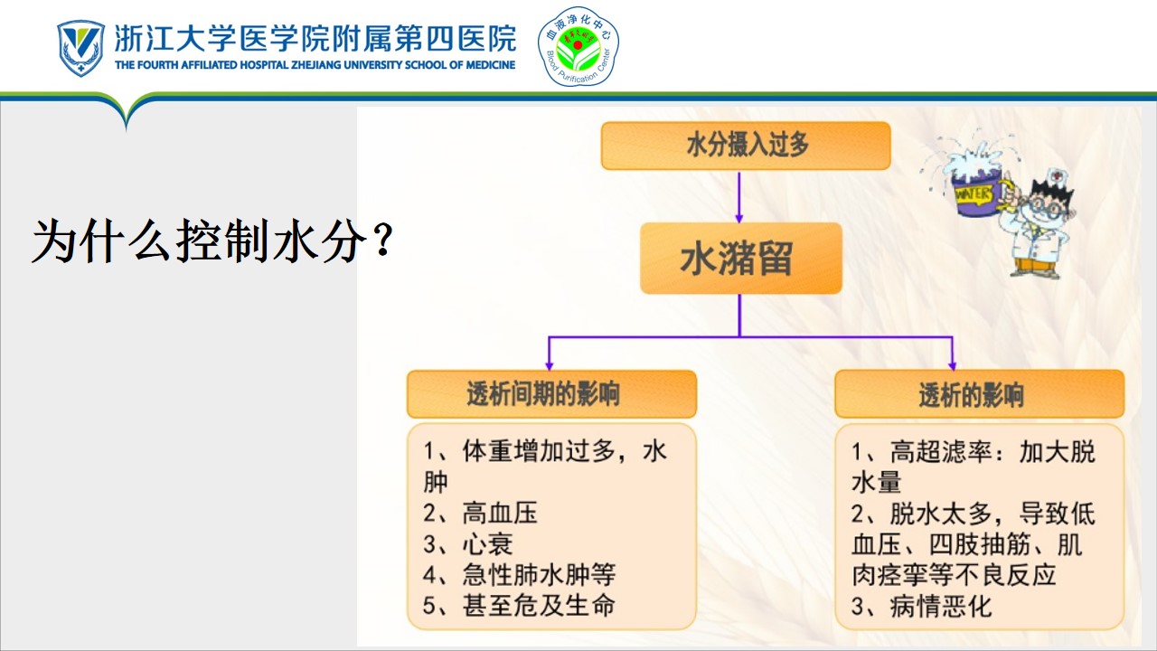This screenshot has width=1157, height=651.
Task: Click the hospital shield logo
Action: point(80,48)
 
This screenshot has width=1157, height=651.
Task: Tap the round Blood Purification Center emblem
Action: point(578,46)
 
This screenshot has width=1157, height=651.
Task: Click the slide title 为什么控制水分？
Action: point(212,241)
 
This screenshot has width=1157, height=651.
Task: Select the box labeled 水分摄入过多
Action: point(746,146)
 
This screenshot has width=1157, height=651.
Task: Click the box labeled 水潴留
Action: point(741,258)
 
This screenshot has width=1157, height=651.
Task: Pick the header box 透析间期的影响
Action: point(551,393)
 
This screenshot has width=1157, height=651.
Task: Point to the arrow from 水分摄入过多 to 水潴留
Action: point(739,197)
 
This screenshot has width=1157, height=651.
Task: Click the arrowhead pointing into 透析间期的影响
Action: point(549,364)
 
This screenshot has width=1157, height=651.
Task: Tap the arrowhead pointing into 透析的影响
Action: point(953,364)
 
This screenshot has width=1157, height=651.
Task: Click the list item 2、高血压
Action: point(480,513)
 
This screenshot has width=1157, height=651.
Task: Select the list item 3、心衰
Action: point(468,544)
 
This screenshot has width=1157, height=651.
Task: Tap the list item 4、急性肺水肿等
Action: point(520,574)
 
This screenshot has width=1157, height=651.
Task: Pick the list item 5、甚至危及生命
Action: point(519,606)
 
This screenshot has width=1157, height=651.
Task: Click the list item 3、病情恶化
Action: point(921,606)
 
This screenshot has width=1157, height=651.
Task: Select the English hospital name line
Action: point(315,65)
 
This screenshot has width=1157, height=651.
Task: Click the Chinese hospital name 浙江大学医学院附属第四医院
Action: point(315,39)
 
